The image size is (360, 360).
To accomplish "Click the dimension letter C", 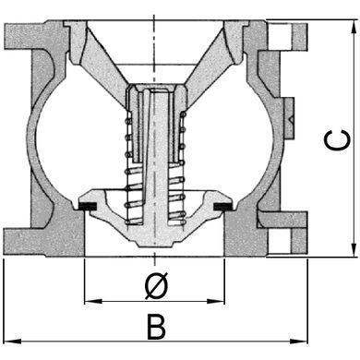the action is click(x=337, y=140).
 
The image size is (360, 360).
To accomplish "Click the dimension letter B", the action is click(x=156, y=327).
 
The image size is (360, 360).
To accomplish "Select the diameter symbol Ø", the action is click(x=157, y=285).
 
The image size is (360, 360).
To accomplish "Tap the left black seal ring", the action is click(x=88, y=206).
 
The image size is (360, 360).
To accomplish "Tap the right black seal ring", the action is click(x=223, y=206).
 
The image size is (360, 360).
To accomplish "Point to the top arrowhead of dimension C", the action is click(x=352, y=27).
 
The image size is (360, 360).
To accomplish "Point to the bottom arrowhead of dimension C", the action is click(x=352, y=249).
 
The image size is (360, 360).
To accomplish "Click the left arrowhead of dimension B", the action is click(x=13, y=341).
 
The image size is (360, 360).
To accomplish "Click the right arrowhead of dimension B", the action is click(x=299, y=341).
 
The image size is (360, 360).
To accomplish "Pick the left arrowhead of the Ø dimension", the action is click(x=93, y=302).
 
